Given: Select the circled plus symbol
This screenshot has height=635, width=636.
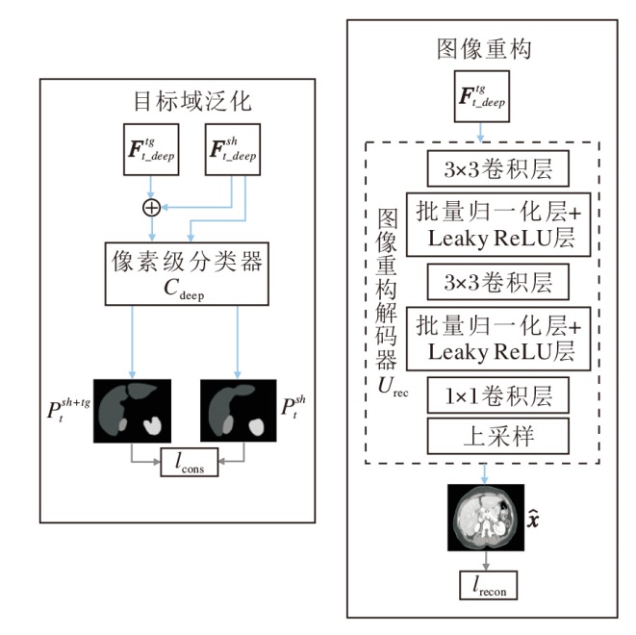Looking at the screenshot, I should pos(151,207).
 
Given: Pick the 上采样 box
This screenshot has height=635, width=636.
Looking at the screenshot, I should pos(486,437).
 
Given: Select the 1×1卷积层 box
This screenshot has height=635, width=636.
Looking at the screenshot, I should pos(486,395).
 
